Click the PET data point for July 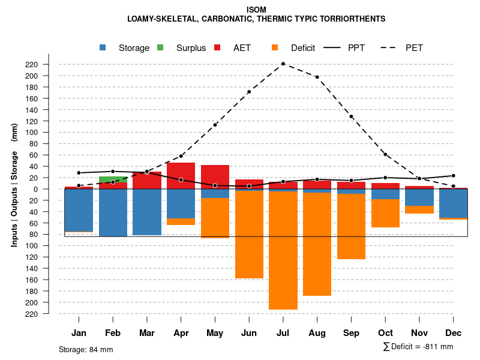point(283,64)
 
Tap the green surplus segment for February point(113,179)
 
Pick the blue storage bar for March point(147,212)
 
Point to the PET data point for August point(317,77)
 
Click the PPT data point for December point(453,176)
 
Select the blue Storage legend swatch point(104,48)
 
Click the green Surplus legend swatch point(161,48)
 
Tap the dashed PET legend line point(392,48)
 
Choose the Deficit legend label point(303,48)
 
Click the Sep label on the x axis point(351,333)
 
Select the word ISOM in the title point(256,10)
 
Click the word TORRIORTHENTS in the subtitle point(354,19)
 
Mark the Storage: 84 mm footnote point(86,349)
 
